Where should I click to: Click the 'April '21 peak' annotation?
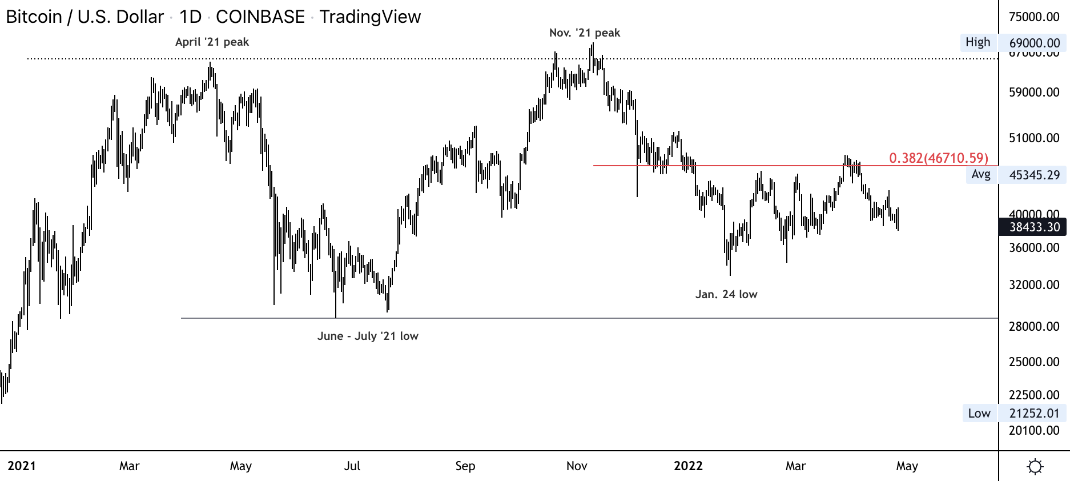coord(212,42)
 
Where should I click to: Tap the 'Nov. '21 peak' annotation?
coord(584,33)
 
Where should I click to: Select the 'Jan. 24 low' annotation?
coord(726,294)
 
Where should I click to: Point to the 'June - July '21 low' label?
coord(368,336)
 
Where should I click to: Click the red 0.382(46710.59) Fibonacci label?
coord(938,158)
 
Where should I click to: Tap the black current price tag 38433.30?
coord(1034,227)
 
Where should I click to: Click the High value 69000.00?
coord(1034,43)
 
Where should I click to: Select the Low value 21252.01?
coord(1034,413)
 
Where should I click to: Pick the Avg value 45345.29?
coord(1034,175)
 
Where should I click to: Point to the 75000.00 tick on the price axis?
coord(1034,17)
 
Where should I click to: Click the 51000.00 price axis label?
coord(1034,138)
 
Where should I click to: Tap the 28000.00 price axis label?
coord(1034,326)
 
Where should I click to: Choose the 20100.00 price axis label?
coord(1034,430)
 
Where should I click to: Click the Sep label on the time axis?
coord(465,466)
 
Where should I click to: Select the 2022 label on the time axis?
coord(688,466)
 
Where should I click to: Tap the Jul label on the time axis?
coord(352,466)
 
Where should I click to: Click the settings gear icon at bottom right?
coord(1035,467)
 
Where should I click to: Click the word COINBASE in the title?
coord(260,17)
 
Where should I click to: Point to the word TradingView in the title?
coord(370,17)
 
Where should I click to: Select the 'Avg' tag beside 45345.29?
coord(980,174)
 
